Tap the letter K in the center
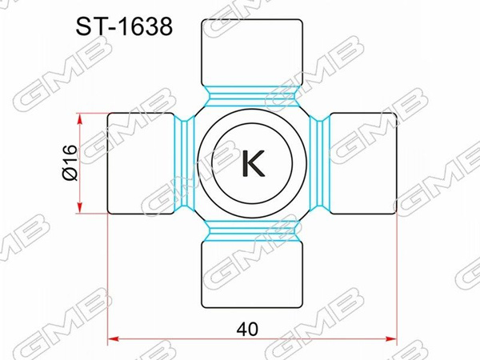tap(252, 164)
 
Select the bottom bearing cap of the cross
tap(252, 276)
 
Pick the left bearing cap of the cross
tap(139, 164)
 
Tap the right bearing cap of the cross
tap(364, 164)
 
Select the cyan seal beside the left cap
tap(184, 164)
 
